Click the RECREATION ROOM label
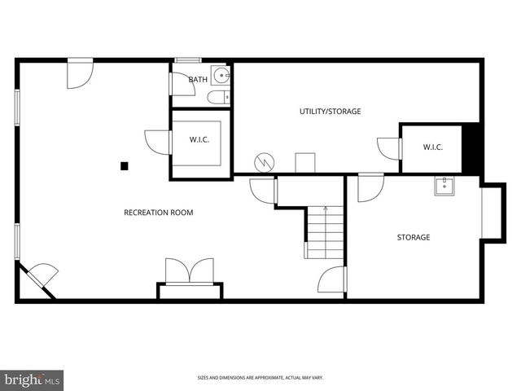pos(158,213)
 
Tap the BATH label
pos(198,80)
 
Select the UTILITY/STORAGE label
pos(330,112)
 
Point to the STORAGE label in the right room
pos(414,238)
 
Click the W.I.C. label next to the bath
pos(199,140)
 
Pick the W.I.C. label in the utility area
pos(432,147)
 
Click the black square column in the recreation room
pos(125,166)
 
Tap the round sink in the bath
pos(220,77)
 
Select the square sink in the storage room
pos(444,187)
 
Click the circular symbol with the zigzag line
pos(265,162)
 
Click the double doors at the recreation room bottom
pos(190,271)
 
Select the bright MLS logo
pos(33,380)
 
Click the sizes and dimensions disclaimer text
pos(260,377)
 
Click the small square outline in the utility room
pos(305,161)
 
